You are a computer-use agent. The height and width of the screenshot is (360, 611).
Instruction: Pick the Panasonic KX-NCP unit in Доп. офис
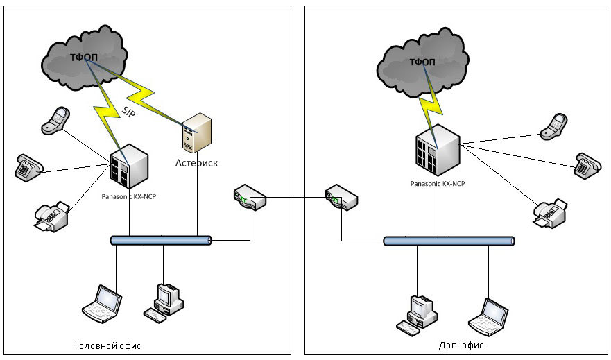tap(436, 150)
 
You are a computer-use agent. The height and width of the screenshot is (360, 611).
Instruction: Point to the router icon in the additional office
tap(341, 198)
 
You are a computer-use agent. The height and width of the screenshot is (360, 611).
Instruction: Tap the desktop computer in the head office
tap(165, 301)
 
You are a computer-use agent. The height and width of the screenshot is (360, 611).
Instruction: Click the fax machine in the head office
tap(51, 215)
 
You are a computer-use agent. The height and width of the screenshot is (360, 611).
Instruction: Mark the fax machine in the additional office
tap(551, 212)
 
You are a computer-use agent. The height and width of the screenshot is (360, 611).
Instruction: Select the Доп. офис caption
tap(462, 345)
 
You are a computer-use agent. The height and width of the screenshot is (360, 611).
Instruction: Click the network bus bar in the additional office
tap(449, 241)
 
